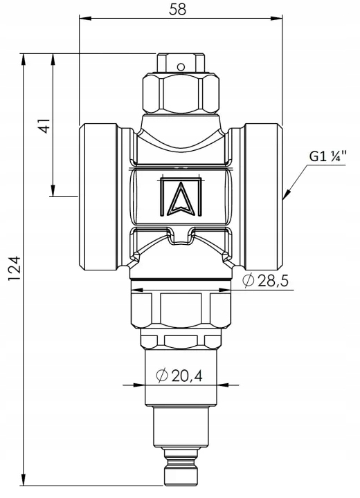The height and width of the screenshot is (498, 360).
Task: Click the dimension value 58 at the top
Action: (x=177, y=9)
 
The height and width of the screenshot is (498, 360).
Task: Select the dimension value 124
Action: (x=15, y=268)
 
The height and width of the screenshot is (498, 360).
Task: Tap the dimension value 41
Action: (x=44, y=126)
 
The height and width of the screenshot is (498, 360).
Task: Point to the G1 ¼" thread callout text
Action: (x=327, y=156)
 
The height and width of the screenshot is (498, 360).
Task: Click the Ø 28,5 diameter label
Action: (x=265, y=280)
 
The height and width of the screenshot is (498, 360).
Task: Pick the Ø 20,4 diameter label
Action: (x=179, y=376)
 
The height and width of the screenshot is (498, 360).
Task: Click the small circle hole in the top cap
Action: (x=181, y=67)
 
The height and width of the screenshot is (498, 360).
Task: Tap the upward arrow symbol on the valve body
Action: (x=181, y=199)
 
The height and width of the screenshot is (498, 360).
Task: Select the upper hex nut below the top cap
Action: (x=181, y=93)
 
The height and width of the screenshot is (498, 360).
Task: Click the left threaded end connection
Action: (x=98, y=197)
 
